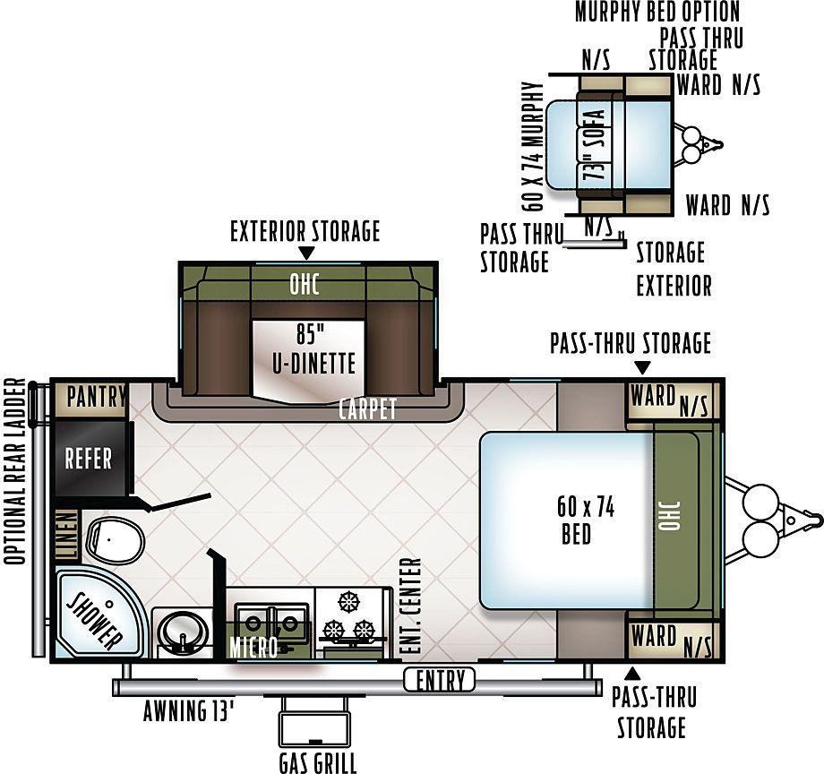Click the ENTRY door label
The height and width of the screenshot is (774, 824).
pyautogui.click(x=440, y=681)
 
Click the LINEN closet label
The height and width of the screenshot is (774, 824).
pyautogui.click(x=68, y=536)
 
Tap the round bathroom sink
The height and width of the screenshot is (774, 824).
pyautogui.click(x=180, y=632)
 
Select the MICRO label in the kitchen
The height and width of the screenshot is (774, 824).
pyautogui.click(x=253, y=648)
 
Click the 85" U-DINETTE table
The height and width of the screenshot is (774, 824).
pyautogui.click(x=309, y=360)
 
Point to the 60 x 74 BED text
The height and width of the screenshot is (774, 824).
pyautogui.click(x=584, y=520)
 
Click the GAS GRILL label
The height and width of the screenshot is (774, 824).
pyautogui.click(x=317, y=763)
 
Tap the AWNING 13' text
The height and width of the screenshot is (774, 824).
pyautogui.click(x=188, y=711)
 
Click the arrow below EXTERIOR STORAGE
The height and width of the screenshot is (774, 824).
pyautogui.click(x=305, y=254)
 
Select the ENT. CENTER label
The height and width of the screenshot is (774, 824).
pyautogui.click(x=410, y=606)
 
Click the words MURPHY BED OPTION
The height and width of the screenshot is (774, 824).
pyautogui.click(x=657, y=12)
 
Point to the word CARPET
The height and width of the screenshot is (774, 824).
pyautogui.click(x=367, y=408)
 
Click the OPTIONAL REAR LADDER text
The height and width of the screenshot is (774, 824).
pyautogui.click(x=14, y=471)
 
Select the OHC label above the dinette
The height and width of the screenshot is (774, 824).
pyautogui.click(x=305, y=284)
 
